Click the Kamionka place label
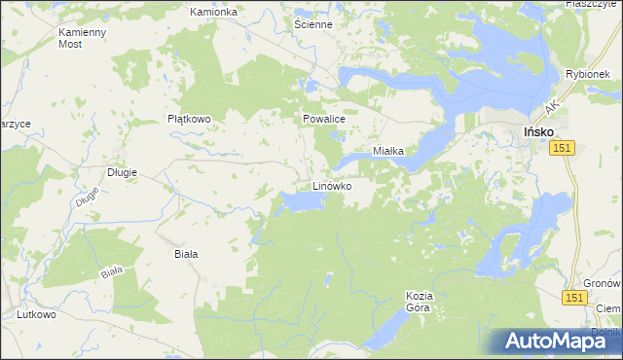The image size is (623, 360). pyautogui.click(x=214, y=12)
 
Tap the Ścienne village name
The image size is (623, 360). pyautogui.click(x=313, y=24)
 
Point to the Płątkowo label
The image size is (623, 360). pyautogui.click(x=189, y=119)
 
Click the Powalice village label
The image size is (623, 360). pyautogui.click(x=324, y=119)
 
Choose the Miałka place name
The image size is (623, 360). pyautogui.click(x=395, y=152)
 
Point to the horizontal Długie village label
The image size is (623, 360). pyautogui.click(x=122, y=172)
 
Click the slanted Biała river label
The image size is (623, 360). pyautogui.click(x=112, y=271)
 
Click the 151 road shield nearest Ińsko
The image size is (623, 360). pyautogui.click(x=561, y=147)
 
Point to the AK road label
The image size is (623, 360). pyautogui.click(x=551, y=103)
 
